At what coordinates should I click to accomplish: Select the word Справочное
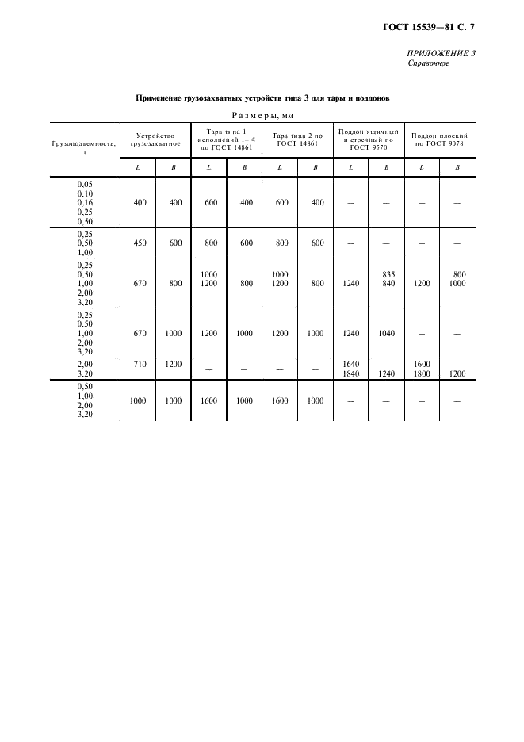[x=428, y=63]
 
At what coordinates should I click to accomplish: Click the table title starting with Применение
[x=262, y=98]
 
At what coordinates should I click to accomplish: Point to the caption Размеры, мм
[x=262, y=115]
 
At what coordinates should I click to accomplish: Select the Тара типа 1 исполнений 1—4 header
[x=228, y=140]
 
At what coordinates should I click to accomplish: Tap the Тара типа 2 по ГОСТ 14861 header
[x=297, y=140]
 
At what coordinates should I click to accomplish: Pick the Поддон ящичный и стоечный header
[x=368, y=140]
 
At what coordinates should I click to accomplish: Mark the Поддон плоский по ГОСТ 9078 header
[x=439, y=140]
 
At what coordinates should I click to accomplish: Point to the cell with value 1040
[x=386, y=334]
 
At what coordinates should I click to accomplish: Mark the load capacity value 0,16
[x=85, y=202]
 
